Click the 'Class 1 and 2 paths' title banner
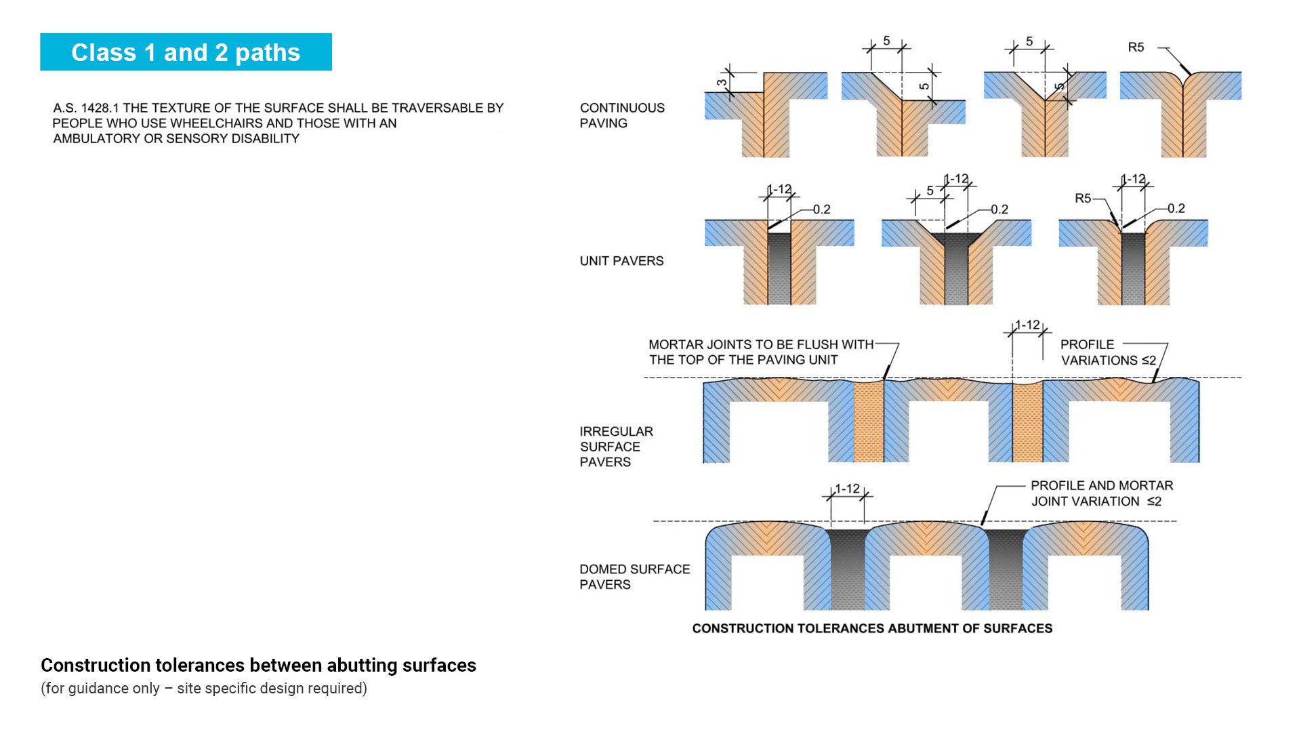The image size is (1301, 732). click(x=186, y=52)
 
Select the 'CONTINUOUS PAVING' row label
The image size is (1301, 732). click(x=622, y=115)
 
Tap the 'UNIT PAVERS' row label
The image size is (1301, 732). click(x=621, y=261)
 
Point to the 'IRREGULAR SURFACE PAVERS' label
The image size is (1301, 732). click(x=616, y=447)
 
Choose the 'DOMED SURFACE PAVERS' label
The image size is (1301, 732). click(x=634, y=577)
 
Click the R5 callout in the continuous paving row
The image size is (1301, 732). click(x=1136, y=47)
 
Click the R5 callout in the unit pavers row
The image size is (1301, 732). click(x=1083, y=199)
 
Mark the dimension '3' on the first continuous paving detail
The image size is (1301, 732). click(x=722, y=83)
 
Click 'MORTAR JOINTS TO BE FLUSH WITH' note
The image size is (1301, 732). click(x=761, y=344)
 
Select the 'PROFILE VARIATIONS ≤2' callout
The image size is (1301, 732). click(x=1108, y=352)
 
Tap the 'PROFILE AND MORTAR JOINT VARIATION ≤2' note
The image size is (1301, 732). click(x=1102, y=493)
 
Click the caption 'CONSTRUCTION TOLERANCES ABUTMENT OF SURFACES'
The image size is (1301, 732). click(x=872, y=628)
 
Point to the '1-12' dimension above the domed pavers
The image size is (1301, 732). click(x=847, y=489)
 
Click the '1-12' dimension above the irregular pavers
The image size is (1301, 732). click(x=1027, y=325)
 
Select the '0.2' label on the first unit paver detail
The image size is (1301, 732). click(x=821, y=209)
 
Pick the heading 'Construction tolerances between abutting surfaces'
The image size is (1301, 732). click(x=258, y=665)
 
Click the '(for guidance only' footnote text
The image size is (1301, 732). click(x=100, y=688)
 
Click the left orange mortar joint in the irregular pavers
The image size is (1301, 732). click(x=868, y=422)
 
